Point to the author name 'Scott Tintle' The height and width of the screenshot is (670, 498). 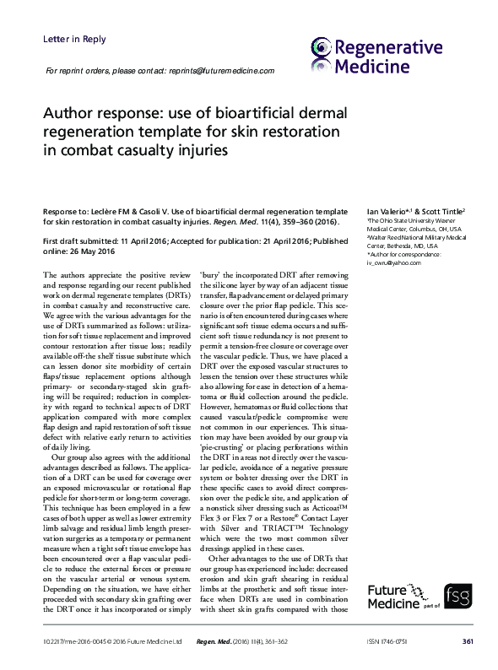[x=442, y=210]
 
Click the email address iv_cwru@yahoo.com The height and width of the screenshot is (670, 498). [x=393, y=262]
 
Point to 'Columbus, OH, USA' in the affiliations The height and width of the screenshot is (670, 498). [x=430, y=229]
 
